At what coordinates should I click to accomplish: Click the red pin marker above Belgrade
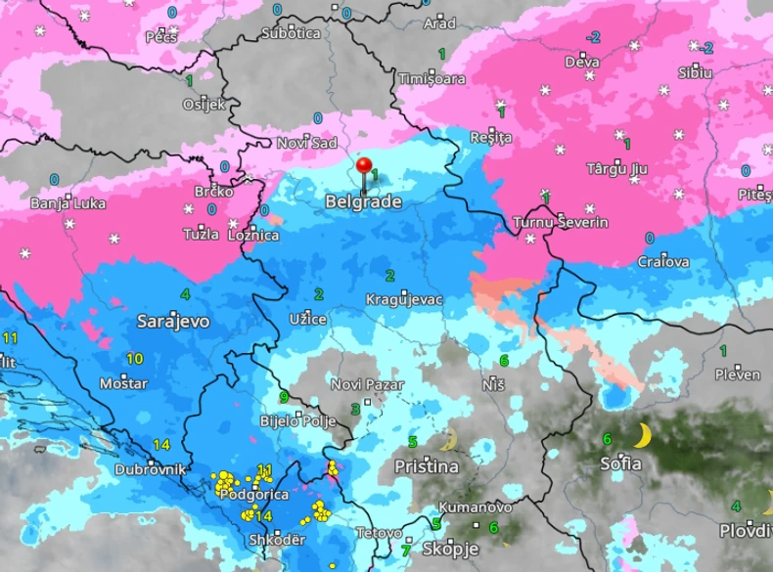pos(365,166)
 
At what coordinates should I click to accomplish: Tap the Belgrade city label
pos(363,201)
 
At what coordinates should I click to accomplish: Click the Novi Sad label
pos(306,143)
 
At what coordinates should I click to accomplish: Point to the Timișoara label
pos(432,77)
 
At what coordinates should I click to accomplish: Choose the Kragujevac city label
pos(404,299)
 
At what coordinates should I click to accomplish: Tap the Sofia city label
pos(620,463)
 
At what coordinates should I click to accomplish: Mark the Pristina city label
pos(426,466)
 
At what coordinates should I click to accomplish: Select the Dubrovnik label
pos(150,469)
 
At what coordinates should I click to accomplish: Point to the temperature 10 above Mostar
pos(134,359)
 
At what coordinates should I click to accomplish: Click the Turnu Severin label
pos(560,223)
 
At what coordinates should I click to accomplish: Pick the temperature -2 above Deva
pos(592,37)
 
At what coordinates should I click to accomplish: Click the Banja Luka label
pos(68,204)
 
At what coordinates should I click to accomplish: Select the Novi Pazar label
pos(367,384)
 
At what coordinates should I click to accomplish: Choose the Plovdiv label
pos(746,530)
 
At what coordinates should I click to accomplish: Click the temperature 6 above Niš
pos(504,361)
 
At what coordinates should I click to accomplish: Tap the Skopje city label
pos(450,549)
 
